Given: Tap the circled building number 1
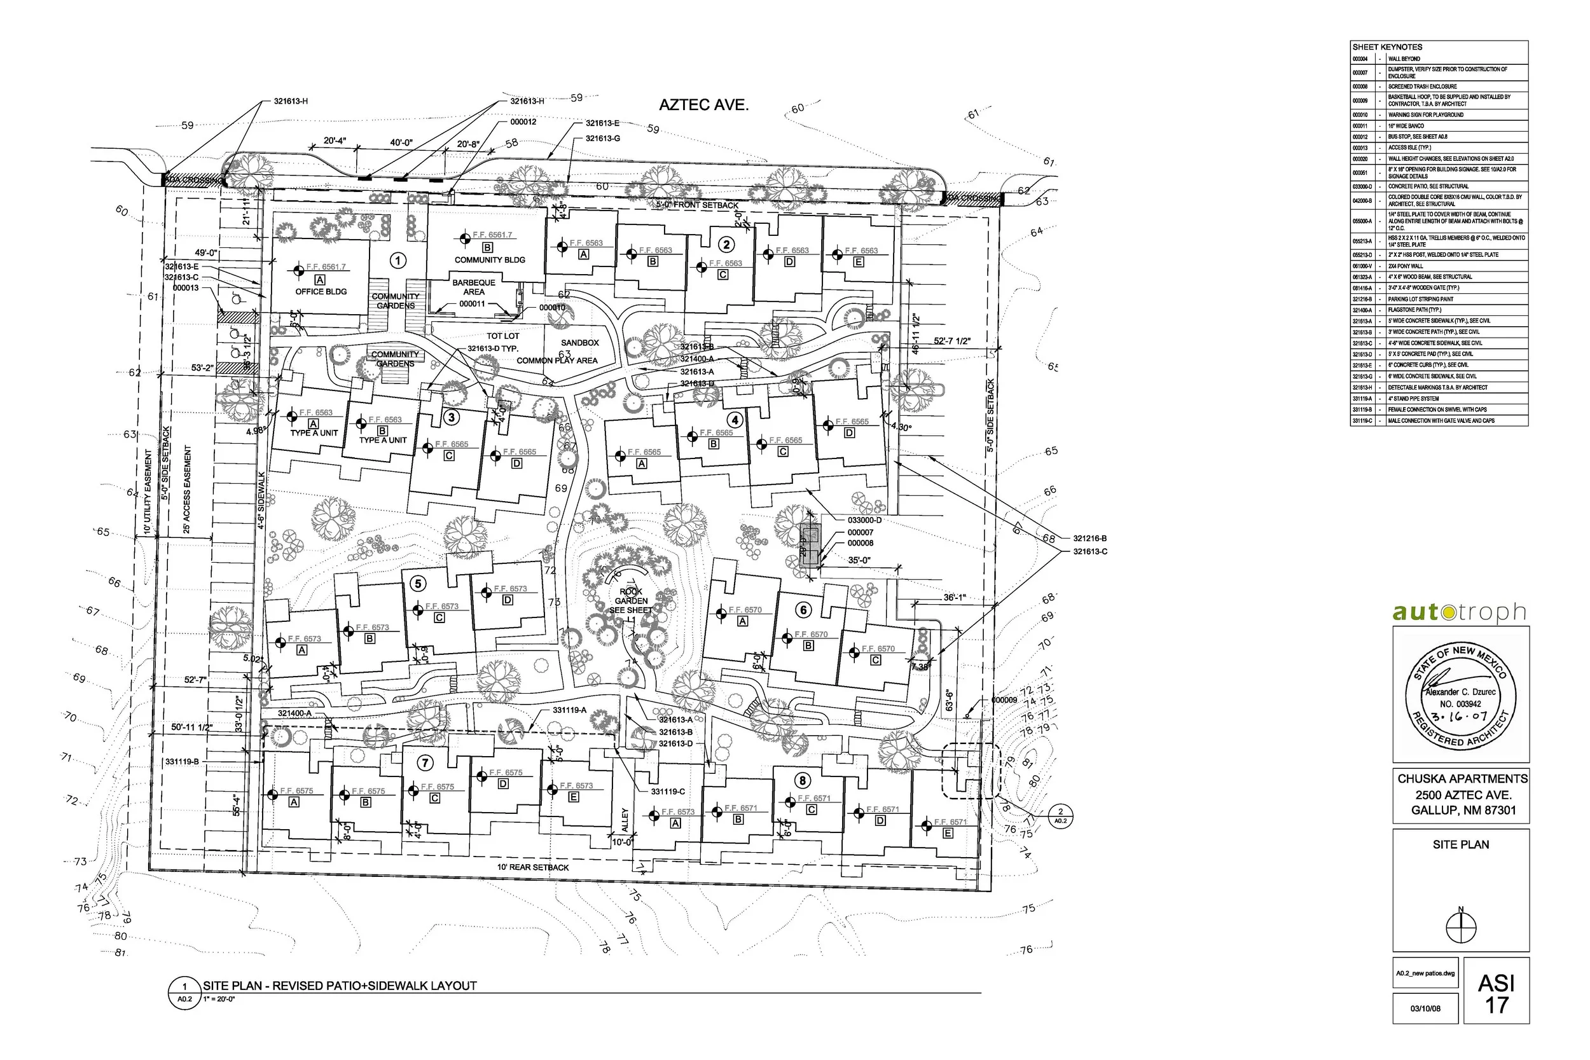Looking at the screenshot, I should click(398, 260).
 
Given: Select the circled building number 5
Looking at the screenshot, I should click(418, 583).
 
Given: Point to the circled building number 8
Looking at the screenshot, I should click(803, 781).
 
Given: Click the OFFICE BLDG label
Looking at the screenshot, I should click(321, 291).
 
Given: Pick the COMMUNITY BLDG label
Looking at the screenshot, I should click(490, 259).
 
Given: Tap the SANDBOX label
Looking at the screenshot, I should click(580, 343).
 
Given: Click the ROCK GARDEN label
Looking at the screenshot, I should click(631, 596).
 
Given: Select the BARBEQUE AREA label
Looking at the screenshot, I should click(473, 287).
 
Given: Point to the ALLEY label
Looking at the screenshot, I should click(625, 820).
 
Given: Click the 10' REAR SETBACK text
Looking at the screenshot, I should click(533, 867).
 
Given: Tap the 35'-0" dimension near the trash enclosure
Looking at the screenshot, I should click(859, 560).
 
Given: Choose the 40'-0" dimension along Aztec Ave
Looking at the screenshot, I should click(401, 142).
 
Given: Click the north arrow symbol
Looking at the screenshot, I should click(1461, 928).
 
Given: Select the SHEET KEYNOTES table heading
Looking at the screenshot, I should click(1378, 47).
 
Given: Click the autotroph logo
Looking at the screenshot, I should click(1459, 612).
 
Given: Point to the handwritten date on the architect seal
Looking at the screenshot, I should click(1462, 717).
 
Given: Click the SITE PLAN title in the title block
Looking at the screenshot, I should click(1460, 844).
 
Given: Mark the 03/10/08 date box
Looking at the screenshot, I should click(1425, 1008).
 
